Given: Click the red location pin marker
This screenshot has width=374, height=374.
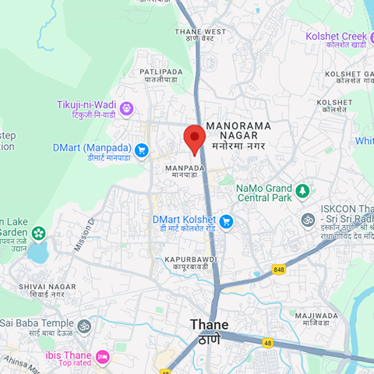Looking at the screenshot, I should (x=193, y=138).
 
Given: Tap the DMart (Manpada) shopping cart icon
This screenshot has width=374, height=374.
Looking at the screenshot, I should (x=141, y=150).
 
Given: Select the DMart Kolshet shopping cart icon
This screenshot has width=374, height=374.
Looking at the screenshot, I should (x=226, y=222).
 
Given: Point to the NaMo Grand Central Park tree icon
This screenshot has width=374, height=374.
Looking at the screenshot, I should (x=302, y=190).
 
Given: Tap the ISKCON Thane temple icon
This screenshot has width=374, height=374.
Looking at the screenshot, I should (x=309, y=220).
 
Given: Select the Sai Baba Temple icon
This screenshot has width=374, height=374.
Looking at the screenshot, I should (x=85, y=326).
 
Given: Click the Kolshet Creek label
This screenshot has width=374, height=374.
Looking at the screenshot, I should (x=336, y=37).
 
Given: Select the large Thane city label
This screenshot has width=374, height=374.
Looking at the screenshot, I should (x=210, y=325).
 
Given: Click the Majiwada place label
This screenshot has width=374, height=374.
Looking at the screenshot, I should (x=316, y=315).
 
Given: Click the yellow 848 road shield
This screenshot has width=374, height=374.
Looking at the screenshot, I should (x=278, y=269).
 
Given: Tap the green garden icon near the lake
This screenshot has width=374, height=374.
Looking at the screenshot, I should (x=37, y=232).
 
